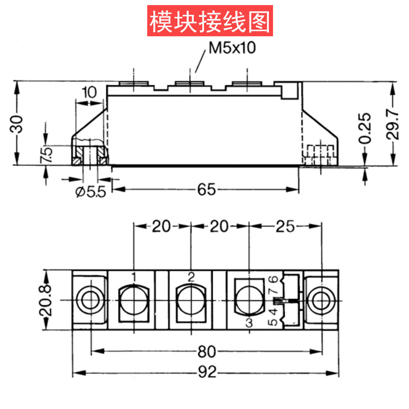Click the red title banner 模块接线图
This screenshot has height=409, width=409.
209,21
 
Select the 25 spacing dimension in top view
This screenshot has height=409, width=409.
285,226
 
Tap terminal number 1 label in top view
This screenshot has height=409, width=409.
133,277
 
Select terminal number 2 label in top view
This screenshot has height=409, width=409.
191,277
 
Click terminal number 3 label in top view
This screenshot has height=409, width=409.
249,323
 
